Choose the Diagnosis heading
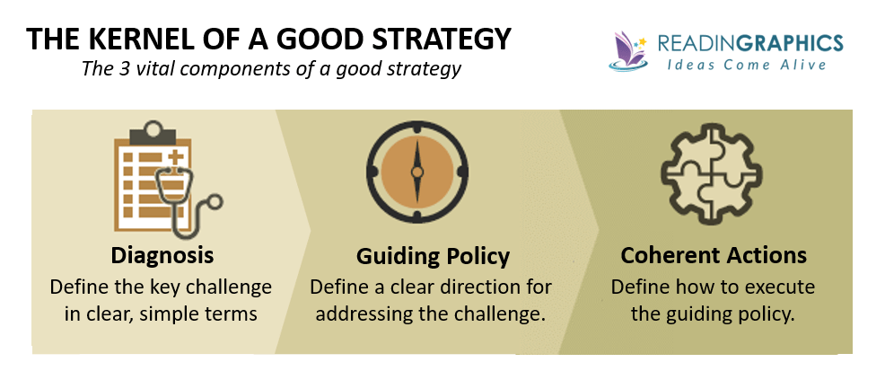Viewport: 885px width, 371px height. (x=162, y=255)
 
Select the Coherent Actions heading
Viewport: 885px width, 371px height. (x=714, y=255)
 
